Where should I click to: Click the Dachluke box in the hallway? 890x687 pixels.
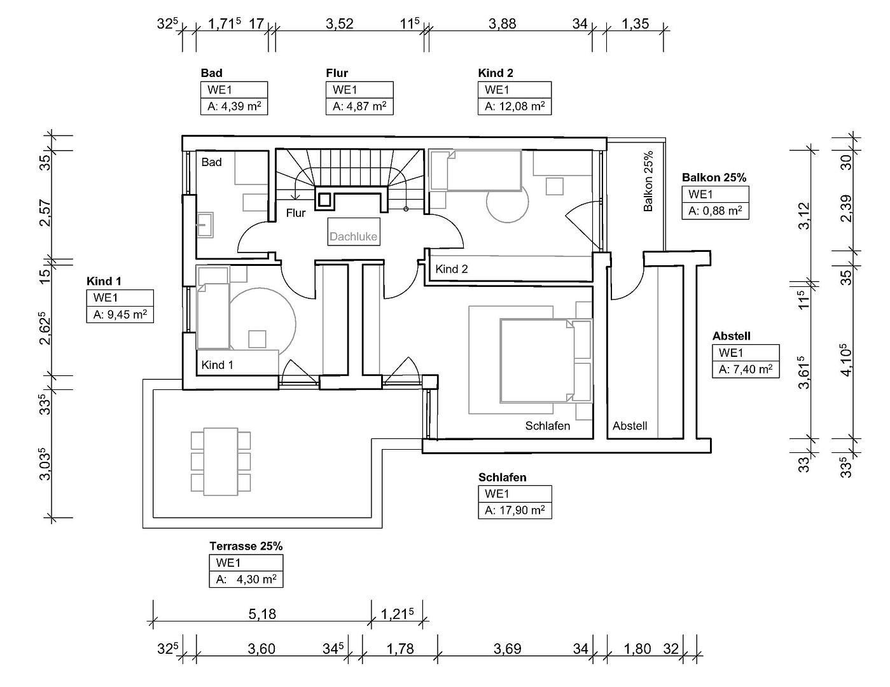click(354, 232)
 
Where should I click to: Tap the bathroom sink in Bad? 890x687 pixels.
click(205, 225)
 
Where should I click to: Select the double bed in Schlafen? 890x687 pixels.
click(546, 361)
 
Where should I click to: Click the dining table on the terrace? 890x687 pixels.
click(221, 462)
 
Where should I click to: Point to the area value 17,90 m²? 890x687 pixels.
click(515, 511)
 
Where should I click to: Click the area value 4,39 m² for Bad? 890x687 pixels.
click(234, 106)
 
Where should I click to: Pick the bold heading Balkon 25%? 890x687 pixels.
click(714, 177)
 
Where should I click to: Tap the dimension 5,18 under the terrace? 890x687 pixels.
click(262, 614)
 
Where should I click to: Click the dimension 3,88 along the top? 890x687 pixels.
click(502, 24)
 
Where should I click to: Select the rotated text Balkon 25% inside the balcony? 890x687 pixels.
click(648, 181)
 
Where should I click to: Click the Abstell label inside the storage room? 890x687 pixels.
click(630, 426)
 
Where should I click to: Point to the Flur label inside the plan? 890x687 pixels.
click(296, 213)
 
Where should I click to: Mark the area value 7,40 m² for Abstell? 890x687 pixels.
click(746, 370)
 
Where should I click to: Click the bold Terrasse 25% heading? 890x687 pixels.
click(246, 546)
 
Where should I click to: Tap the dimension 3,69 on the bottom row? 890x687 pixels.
click(507, 649)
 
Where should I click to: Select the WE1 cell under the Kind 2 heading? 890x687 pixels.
click(515, 90)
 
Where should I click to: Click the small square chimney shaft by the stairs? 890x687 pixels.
click(325, 200)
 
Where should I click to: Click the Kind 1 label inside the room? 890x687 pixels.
click(217, 364)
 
